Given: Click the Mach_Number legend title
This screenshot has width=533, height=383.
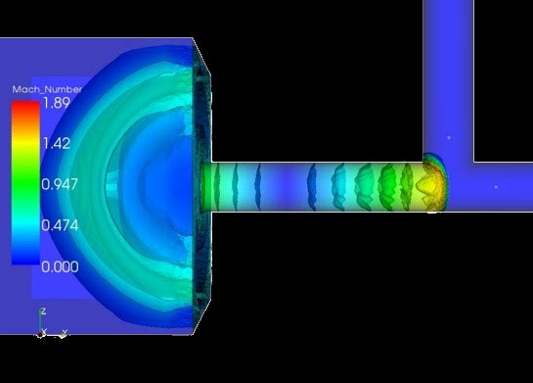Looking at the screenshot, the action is pos(47,89).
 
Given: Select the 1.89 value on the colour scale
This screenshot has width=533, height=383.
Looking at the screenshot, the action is pos(57,103).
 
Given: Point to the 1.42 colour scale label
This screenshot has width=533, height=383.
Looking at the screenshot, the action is pos(57,143).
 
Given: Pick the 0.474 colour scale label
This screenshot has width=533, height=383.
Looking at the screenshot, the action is pos(60,225).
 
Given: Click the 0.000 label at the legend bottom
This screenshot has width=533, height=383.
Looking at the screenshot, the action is pos(60,266).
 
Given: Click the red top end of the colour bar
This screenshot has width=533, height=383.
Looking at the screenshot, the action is pos(25,105).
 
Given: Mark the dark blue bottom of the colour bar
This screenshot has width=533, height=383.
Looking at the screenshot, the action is pos(25,260).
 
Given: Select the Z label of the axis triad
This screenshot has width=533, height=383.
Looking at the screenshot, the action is pos(43,311).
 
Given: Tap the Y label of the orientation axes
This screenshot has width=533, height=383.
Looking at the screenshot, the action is pos(65,332).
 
